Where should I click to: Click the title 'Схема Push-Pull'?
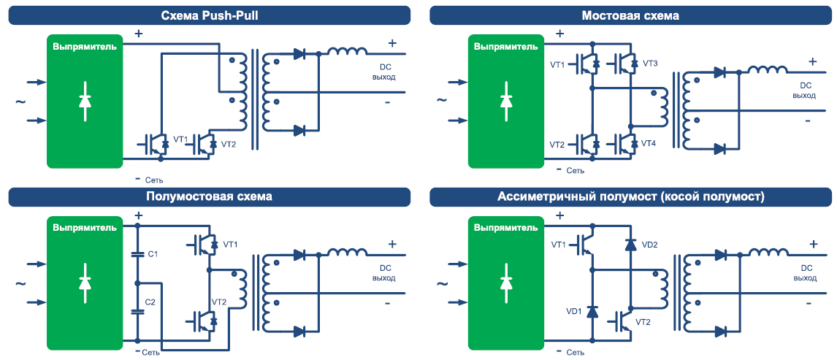tap(209, 15)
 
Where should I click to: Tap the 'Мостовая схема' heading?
tap(630, 15)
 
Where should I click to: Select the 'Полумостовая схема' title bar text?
tap(209, 196)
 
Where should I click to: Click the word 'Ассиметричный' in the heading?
tap(543, 196)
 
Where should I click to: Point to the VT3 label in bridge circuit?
tap(650, 64)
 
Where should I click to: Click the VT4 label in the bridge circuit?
tap(649, 144)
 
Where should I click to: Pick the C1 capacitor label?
tap(153, 254)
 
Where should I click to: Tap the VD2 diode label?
tap(649, 245)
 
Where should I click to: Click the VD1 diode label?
tap(575, 312)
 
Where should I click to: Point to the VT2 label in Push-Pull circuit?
tap(229, 144)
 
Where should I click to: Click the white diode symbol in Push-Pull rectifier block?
tap(85, 102)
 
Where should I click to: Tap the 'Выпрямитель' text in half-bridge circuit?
tap(84, 227)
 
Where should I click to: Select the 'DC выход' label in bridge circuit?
tap(804, 91)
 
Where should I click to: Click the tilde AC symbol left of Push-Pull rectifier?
tap(20, 102)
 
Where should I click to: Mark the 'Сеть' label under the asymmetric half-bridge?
tap(575, 353)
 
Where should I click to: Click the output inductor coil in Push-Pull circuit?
tap(347, 52)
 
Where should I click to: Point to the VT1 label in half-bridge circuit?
tap(230, 244)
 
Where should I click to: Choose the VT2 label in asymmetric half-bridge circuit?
tap(643, 322)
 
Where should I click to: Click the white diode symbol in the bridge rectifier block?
tap(506, 102)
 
